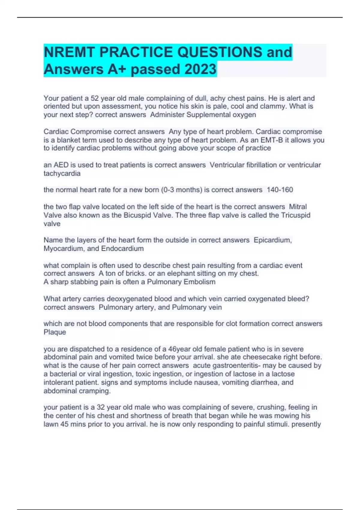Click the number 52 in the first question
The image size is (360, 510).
pyautogui.click(x=94, y=98)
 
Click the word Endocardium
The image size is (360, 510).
pyautogui.click(x=122, y=249)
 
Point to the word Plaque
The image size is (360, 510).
pyautogui.click(x=55, y=332)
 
